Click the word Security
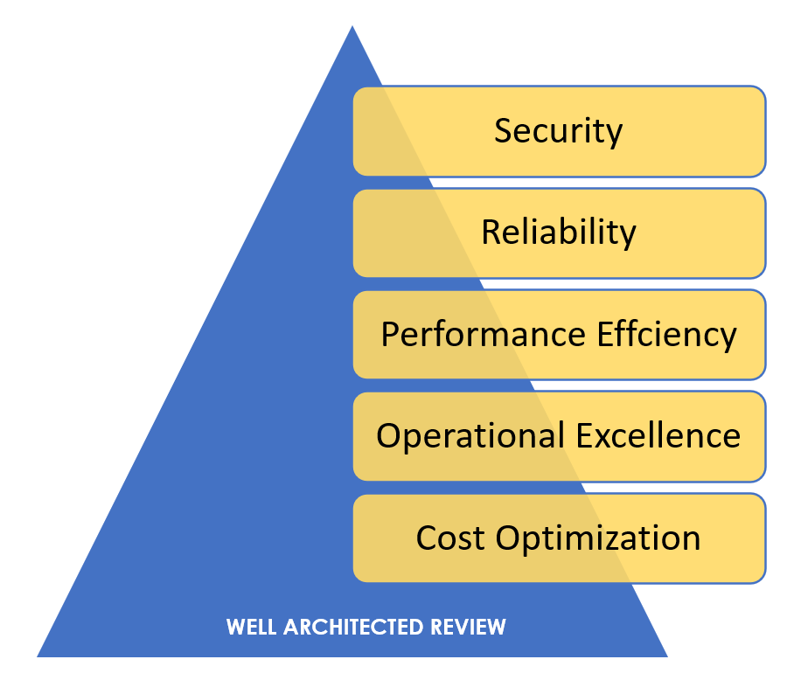tap(558, 132)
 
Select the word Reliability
tap(559, 232)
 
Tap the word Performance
tap(484, 334)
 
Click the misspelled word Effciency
tap(667, 335)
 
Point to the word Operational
tap(471, 436)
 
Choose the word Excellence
tap(658, 435)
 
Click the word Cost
tap(450, 538)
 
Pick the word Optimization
tap(598, 538)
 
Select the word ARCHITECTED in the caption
tap(353, 628)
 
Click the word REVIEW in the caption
tap(468, 628)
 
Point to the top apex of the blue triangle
tap(352, 26)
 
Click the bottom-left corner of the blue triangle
tap(37, 657)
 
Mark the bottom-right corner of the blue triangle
tap(668, 657)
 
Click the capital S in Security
tap(503, 130)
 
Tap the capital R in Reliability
tap(491, 232)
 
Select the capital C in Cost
tap(427, 538)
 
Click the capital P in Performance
tap(390, 334)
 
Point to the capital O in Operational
tap(388, 435)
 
